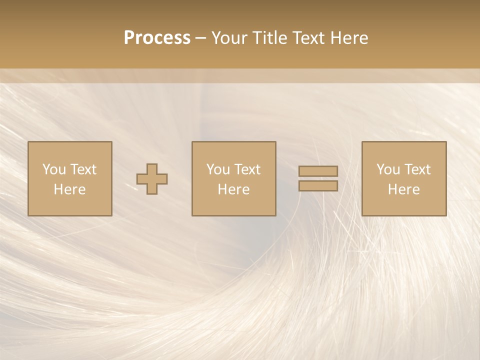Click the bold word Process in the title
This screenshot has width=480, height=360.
[157, 38]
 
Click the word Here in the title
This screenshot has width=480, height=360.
[350, 38]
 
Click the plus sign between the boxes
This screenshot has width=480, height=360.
[152, 178]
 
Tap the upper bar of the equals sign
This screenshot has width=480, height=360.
[318, 171]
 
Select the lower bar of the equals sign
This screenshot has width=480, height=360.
[318, 185]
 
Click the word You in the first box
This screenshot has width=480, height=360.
[54, 169]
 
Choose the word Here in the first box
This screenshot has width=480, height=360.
[69, 189]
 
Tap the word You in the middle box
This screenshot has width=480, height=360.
[218, 169]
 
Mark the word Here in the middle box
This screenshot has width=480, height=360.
[233, 189]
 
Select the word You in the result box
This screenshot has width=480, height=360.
[388, 169]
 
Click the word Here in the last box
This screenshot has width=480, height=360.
[403, 189]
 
